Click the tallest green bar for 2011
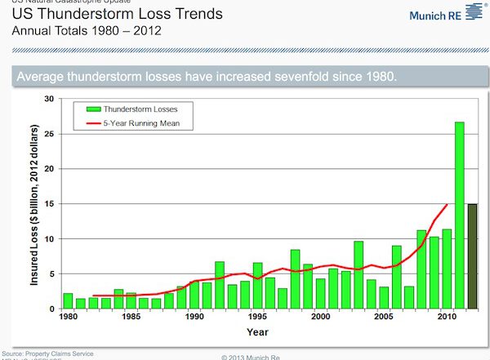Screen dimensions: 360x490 click(459, 216)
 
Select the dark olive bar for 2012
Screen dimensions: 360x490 click(471, 256)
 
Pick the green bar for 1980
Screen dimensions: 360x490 click(68, 300)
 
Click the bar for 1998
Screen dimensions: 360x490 click(295, 279)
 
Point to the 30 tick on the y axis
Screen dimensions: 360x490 click(50, 99)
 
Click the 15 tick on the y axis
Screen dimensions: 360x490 click(50, 204)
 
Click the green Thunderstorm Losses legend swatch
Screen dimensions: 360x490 click(91, 107)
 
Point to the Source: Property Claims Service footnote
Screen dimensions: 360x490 click(49, 353)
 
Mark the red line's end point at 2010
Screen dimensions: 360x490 click(447, 205)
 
